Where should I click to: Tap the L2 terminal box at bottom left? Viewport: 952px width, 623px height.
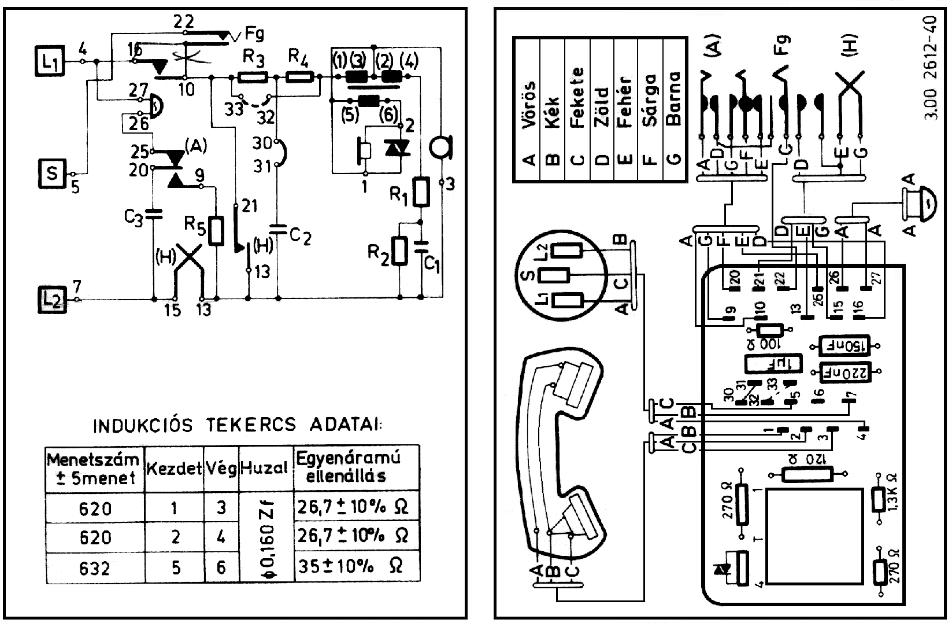click(53, 300)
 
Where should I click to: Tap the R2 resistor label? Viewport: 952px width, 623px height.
click(379, 252)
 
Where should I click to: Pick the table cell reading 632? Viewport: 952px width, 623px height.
click(95, 569)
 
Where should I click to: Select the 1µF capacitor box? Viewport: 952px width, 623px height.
click(772, 364)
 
